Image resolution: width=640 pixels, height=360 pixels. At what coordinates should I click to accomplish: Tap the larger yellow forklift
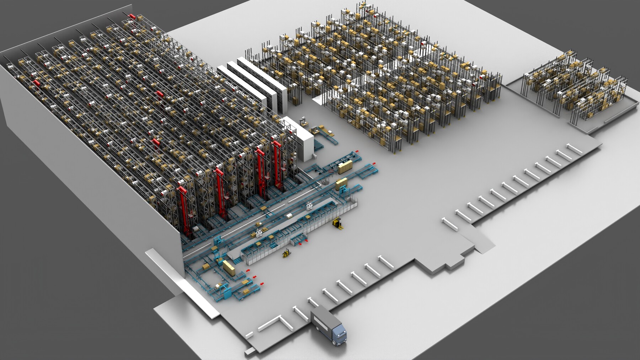pos(337,224)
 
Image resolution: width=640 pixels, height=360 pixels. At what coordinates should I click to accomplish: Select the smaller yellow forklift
pos(286,253)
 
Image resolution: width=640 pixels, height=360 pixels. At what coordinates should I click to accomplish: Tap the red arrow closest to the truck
pos(262,283)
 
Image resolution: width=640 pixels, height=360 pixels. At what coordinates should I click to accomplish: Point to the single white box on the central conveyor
pos(290,216)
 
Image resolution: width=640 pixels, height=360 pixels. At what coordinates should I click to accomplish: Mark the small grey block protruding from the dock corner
pos(250,352)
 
